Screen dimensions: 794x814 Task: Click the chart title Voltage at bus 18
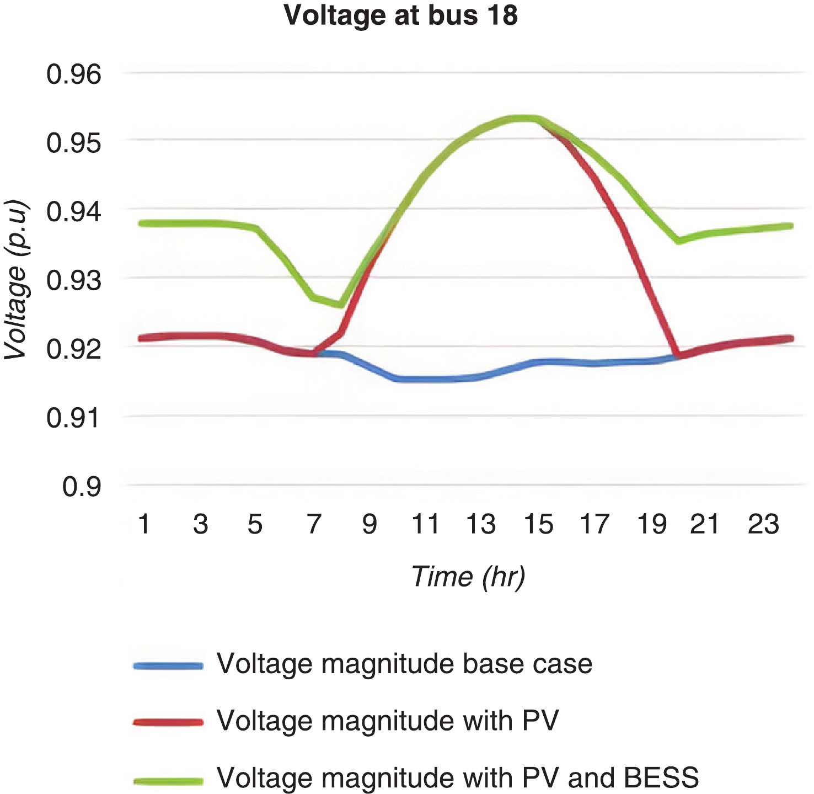point(401,15)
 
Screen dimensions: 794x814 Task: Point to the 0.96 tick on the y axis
point(74,74)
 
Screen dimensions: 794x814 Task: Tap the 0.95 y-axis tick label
point(74,143)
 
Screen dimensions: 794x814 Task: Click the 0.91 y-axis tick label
point(74,418)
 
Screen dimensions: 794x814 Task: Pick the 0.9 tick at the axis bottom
point(82,487)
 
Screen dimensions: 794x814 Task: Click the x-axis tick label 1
point(144,524)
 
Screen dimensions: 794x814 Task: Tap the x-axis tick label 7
point(314,524)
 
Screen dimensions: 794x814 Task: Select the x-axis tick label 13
point(481,524)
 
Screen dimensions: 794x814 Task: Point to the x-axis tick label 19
point(651,524)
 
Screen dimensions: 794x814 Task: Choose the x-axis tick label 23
point(763,524)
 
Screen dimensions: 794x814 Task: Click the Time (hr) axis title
point(468,577)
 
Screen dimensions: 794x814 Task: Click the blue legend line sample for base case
point(168,666)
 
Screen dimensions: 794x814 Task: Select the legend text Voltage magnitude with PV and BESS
point(458,778)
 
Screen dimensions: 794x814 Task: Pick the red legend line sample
point(168,722)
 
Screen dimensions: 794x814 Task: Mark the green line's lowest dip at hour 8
point(341,305)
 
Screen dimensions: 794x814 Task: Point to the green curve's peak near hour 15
point(524,118)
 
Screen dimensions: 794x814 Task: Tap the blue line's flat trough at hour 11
point(425,379)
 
